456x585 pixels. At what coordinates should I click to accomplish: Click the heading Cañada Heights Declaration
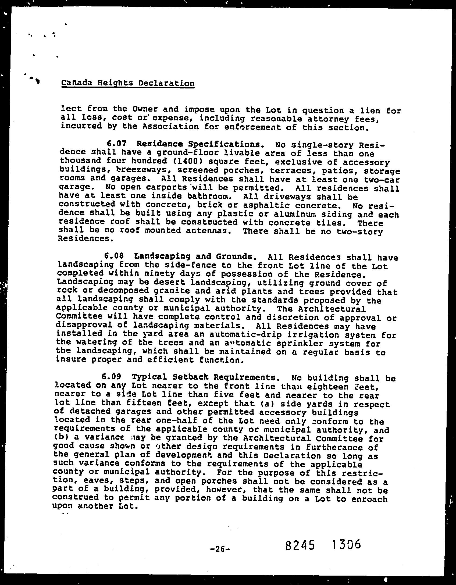pyautogui.click(x=128, y=83)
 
